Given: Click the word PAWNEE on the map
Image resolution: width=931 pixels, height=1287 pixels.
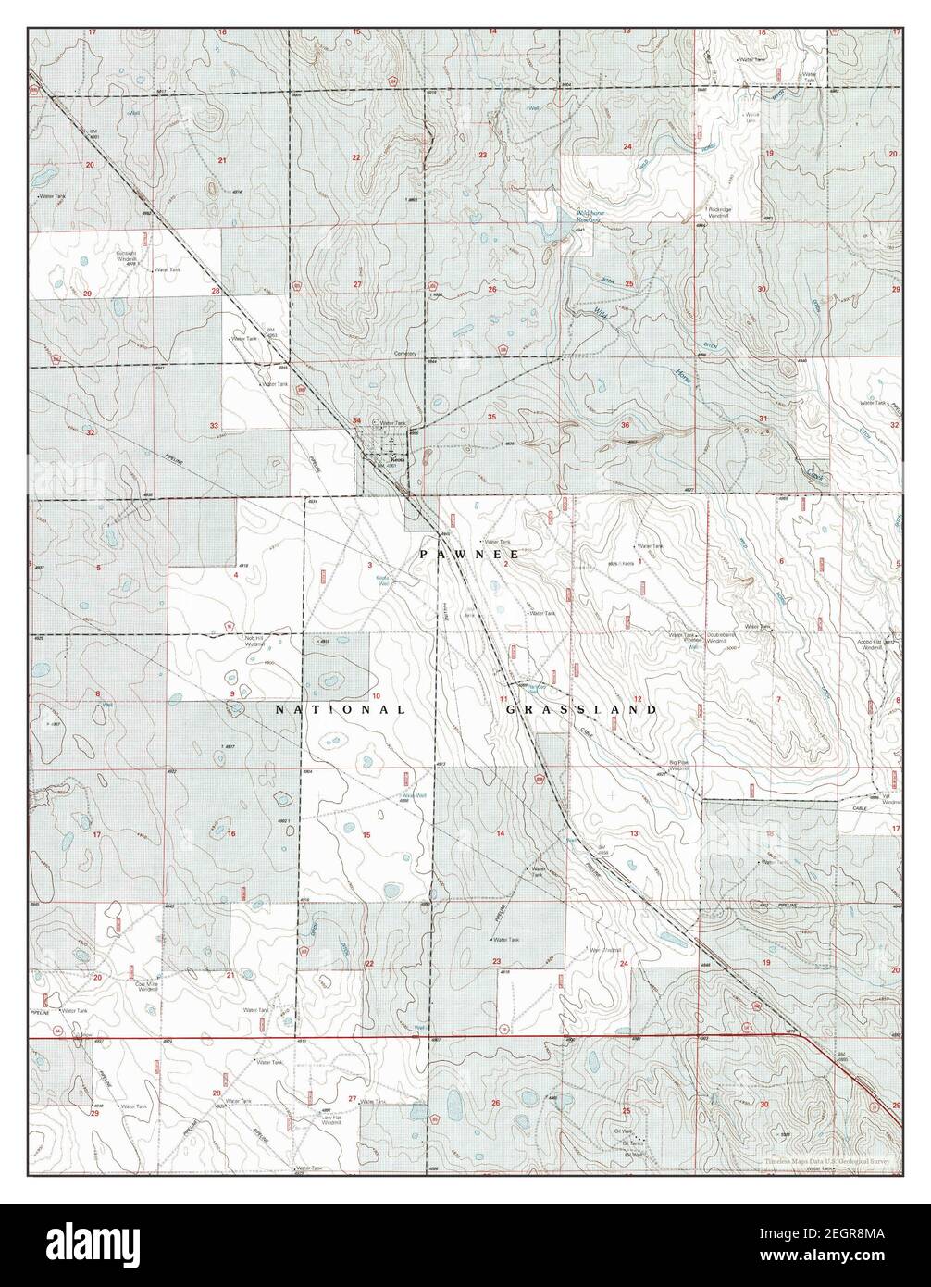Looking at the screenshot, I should click(x=465, y=553).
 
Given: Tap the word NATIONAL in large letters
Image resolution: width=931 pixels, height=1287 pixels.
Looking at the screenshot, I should click(x=341, y=710).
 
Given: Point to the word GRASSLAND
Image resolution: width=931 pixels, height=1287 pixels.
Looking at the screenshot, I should click(x=581, y=710).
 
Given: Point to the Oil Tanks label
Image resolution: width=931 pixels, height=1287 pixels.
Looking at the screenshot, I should click(x=633, y=1143).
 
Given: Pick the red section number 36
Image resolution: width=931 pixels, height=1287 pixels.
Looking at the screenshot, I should click(x=626, y=425).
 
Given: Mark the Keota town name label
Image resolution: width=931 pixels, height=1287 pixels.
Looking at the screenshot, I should click(x=398, y=460).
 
